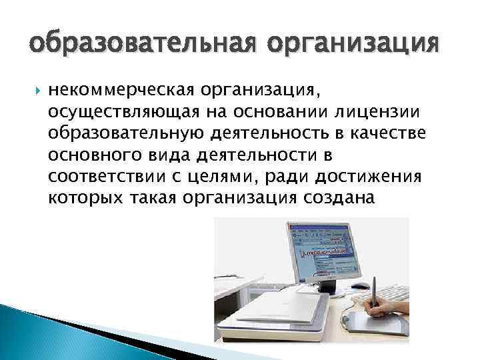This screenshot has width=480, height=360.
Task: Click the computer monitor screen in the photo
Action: [327, 254]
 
